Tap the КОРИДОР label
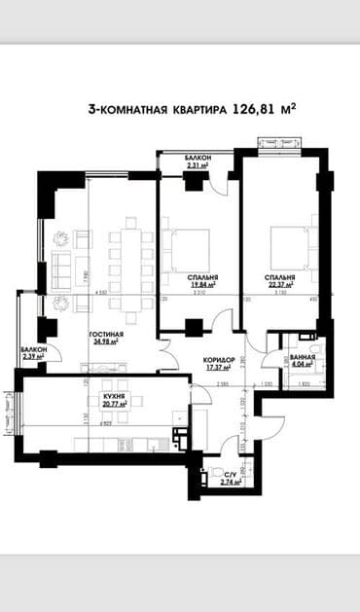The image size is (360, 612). (217, 359)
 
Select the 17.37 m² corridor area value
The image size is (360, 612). (217, 367)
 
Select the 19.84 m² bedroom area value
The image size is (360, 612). (202, 285)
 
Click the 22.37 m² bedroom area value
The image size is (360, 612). (281, 285)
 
